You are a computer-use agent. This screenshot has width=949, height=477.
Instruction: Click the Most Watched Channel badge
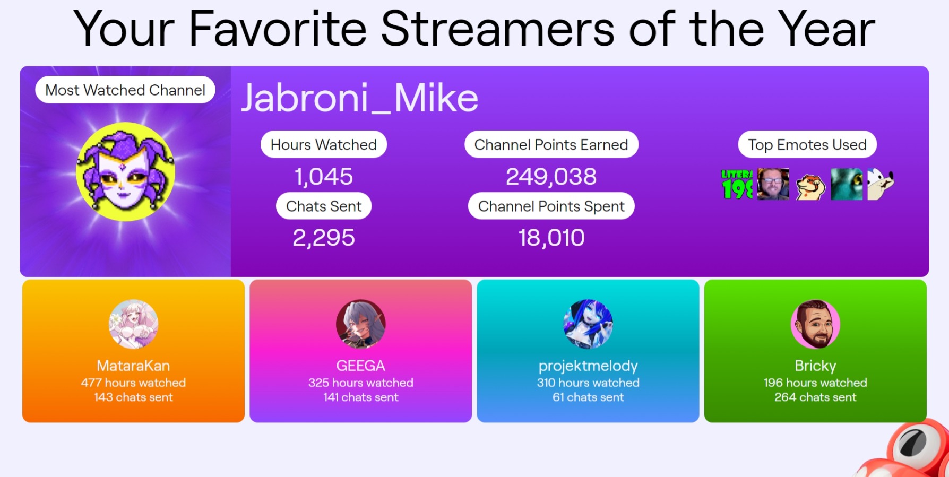click(x=125, y=90)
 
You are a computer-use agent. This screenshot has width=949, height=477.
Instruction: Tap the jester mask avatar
click(x=125, y=171)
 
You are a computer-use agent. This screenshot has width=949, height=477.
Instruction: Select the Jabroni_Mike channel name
click(x=360, y=98)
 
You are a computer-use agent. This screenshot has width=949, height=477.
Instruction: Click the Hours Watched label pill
click(x=324, y=144)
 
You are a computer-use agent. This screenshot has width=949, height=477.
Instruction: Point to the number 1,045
click(x=324, y=176)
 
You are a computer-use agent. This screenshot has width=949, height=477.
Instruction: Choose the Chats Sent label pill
click(x=324, y=206)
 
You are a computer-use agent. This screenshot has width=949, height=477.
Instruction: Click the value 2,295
click(x=324, y=238)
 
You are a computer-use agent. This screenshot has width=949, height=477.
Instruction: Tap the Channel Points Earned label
click(x=551, y=144)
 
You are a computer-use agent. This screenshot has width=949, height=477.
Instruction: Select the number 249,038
click(x=551, y=176)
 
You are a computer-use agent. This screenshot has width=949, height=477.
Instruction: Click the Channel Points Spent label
click(x=551, y=206)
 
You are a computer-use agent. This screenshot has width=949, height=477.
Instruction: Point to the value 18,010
click(x=551, y=238)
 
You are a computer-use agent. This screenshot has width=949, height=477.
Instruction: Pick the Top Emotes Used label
click(x=807, y=144)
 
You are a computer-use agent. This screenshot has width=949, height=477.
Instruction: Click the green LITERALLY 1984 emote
click(x=737, y=184)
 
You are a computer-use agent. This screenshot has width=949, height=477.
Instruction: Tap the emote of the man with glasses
click(x=773, y=184)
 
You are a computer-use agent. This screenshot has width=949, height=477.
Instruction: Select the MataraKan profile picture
click(x=133, y=324)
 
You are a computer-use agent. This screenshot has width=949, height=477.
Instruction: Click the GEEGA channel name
click(x=361, y=366)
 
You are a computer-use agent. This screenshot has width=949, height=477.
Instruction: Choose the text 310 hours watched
click(x=588, y=383)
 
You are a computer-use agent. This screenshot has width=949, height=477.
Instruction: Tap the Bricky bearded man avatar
click(x=815, y=324)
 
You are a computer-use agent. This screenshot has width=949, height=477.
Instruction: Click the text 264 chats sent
click(x=815, y=397)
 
